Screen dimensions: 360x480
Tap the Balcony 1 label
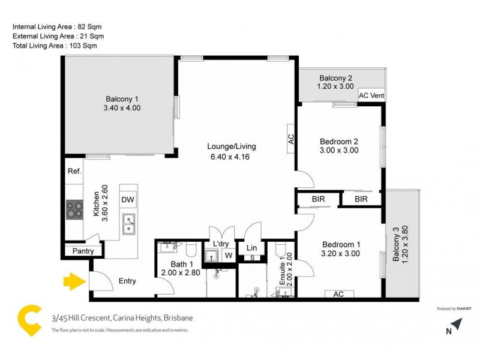coord(122,99)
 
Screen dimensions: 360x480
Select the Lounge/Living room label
coord(232,146)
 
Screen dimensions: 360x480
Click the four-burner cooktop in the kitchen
coord(75,210)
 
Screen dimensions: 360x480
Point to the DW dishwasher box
coord(127,200)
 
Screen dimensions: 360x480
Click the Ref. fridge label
coord(74,172)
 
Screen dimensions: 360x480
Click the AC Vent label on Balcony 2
coord(371,95)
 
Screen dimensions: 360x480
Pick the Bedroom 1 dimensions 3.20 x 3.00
coord(341,254)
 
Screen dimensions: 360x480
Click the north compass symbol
coord(455,326)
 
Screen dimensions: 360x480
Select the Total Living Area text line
coord(55,46)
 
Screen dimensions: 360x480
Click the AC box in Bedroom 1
coord(338,294)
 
